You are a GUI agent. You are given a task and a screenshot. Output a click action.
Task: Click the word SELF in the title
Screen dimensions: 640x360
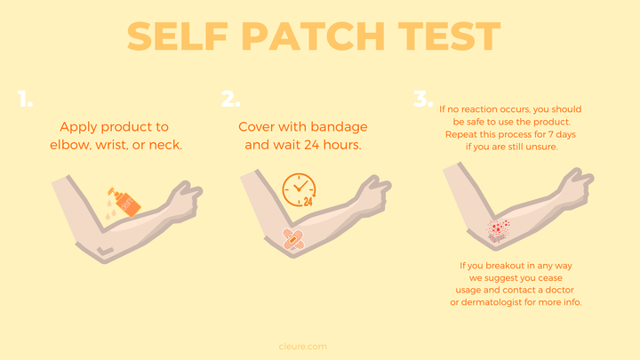click(177, 36)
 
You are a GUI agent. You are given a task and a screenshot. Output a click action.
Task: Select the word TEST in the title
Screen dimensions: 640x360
click(450, 36)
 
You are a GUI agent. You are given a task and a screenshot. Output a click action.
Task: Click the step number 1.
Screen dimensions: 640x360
click(25, 100)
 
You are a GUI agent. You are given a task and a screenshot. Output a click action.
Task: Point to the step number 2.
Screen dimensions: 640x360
click(230, 99)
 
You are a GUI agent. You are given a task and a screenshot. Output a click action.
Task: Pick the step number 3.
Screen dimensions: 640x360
click(423, 99)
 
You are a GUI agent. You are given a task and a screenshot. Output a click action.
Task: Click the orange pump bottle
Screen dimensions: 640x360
click(124, 203)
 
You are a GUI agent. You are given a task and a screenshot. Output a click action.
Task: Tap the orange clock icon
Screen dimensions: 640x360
click(299, 189)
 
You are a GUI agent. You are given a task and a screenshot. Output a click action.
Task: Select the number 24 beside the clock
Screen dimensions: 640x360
click(308, 201)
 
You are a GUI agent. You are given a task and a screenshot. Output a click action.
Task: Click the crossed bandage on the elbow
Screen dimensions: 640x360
click(293, 239)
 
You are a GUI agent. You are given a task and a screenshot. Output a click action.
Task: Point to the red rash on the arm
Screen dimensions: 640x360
click(498, 230)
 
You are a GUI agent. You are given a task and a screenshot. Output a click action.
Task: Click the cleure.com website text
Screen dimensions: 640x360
click(303, 347)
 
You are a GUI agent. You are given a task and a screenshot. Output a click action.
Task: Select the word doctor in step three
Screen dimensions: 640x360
click(559, 290)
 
